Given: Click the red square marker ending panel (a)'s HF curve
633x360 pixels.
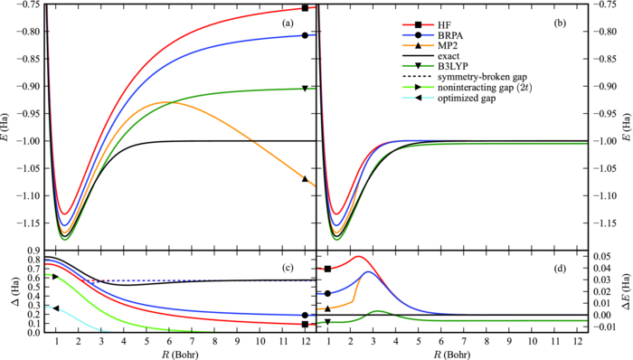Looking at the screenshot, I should coord(305,8).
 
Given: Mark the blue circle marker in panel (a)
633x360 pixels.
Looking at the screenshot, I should coord(305,35).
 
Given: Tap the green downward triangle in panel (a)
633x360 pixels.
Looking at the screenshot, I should coord(305,88).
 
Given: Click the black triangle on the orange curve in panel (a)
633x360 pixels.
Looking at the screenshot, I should coord(305,179).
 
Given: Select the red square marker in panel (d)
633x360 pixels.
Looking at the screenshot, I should coord(327,269).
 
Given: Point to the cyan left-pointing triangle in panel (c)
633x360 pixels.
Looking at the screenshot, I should coord(56,308).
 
